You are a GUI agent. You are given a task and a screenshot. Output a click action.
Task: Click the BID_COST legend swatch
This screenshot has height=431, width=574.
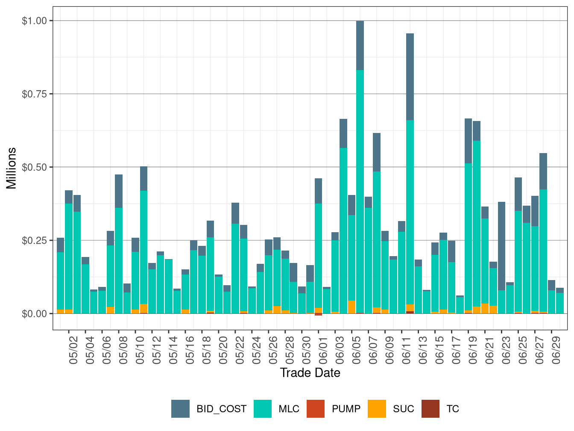click(180, 409)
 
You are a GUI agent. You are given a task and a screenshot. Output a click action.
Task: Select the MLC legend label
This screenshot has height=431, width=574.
click(289, 409)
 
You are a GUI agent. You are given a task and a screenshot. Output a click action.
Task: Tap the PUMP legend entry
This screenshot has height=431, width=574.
click(346, 409)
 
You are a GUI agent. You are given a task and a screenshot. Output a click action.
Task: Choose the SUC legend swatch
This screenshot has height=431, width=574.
click(377, 409)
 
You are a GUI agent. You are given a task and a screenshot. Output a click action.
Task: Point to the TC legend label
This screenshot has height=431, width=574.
click(453, 409)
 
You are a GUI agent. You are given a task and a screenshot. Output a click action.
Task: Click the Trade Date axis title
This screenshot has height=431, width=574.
click(310, 373)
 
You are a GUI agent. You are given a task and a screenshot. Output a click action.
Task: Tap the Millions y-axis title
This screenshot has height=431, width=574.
click(12, 168)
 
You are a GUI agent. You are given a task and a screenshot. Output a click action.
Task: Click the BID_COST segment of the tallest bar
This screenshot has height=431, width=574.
click(360, 45)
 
